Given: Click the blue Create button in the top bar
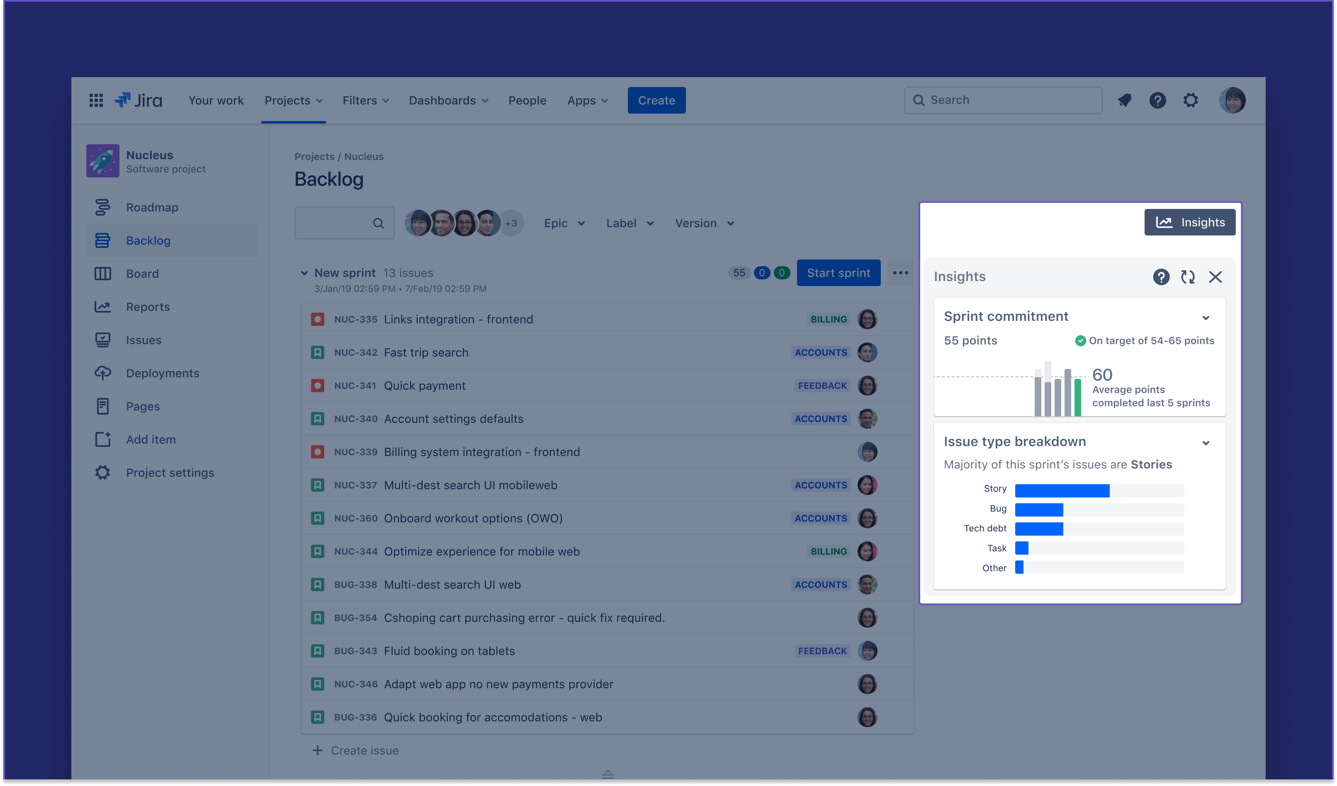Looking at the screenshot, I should click(x=656, y=100).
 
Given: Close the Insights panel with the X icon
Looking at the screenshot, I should click(x=1215, y=277).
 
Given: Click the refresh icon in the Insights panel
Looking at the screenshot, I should click(x=1187, y=277).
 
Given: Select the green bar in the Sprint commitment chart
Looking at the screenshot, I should click(x=1077, y=397).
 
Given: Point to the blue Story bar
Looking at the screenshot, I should click(x=1062, y=490).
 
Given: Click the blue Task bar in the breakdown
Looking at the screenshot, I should click(x=1021, y=548).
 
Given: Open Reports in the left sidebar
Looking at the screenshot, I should click(x=148, y=307).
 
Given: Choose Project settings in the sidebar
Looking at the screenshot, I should click(x=170, y=473).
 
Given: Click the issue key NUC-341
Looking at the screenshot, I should click(x=355, y=386).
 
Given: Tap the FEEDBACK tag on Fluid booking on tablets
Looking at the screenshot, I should click(x=822, y=651).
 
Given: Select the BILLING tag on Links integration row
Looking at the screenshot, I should click(x=828, y=319).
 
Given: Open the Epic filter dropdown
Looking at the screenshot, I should click(x=564, y=223).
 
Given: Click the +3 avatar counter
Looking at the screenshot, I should click(x=511, y=223).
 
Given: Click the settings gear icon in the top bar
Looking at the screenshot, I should click(x=1191, y=100).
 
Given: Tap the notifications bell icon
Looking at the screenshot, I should click(x=1124, y=100).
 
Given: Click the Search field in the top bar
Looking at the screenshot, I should click(x=1003, y=100).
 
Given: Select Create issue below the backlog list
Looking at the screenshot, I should click(x=364, y=750).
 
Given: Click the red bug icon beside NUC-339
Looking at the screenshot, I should click(x=317, y=452).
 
